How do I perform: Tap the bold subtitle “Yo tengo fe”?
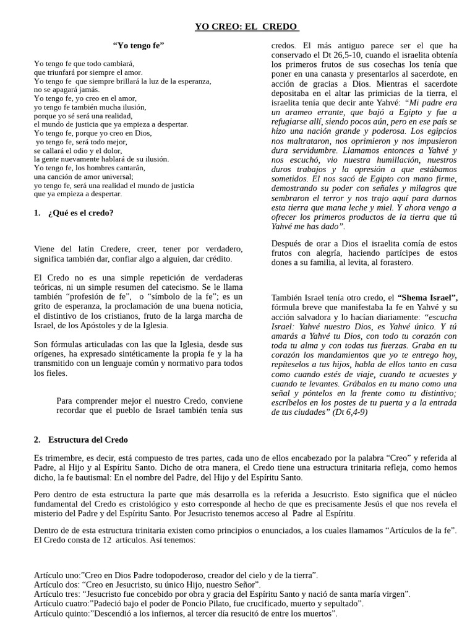click(x=138, y=46)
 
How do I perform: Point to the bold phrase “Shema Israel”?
click(x=427, y=298)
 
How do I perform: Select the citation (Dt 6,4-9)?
click(x=348, y=412)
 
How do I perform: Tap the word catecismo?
click(x=195, y=287)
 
